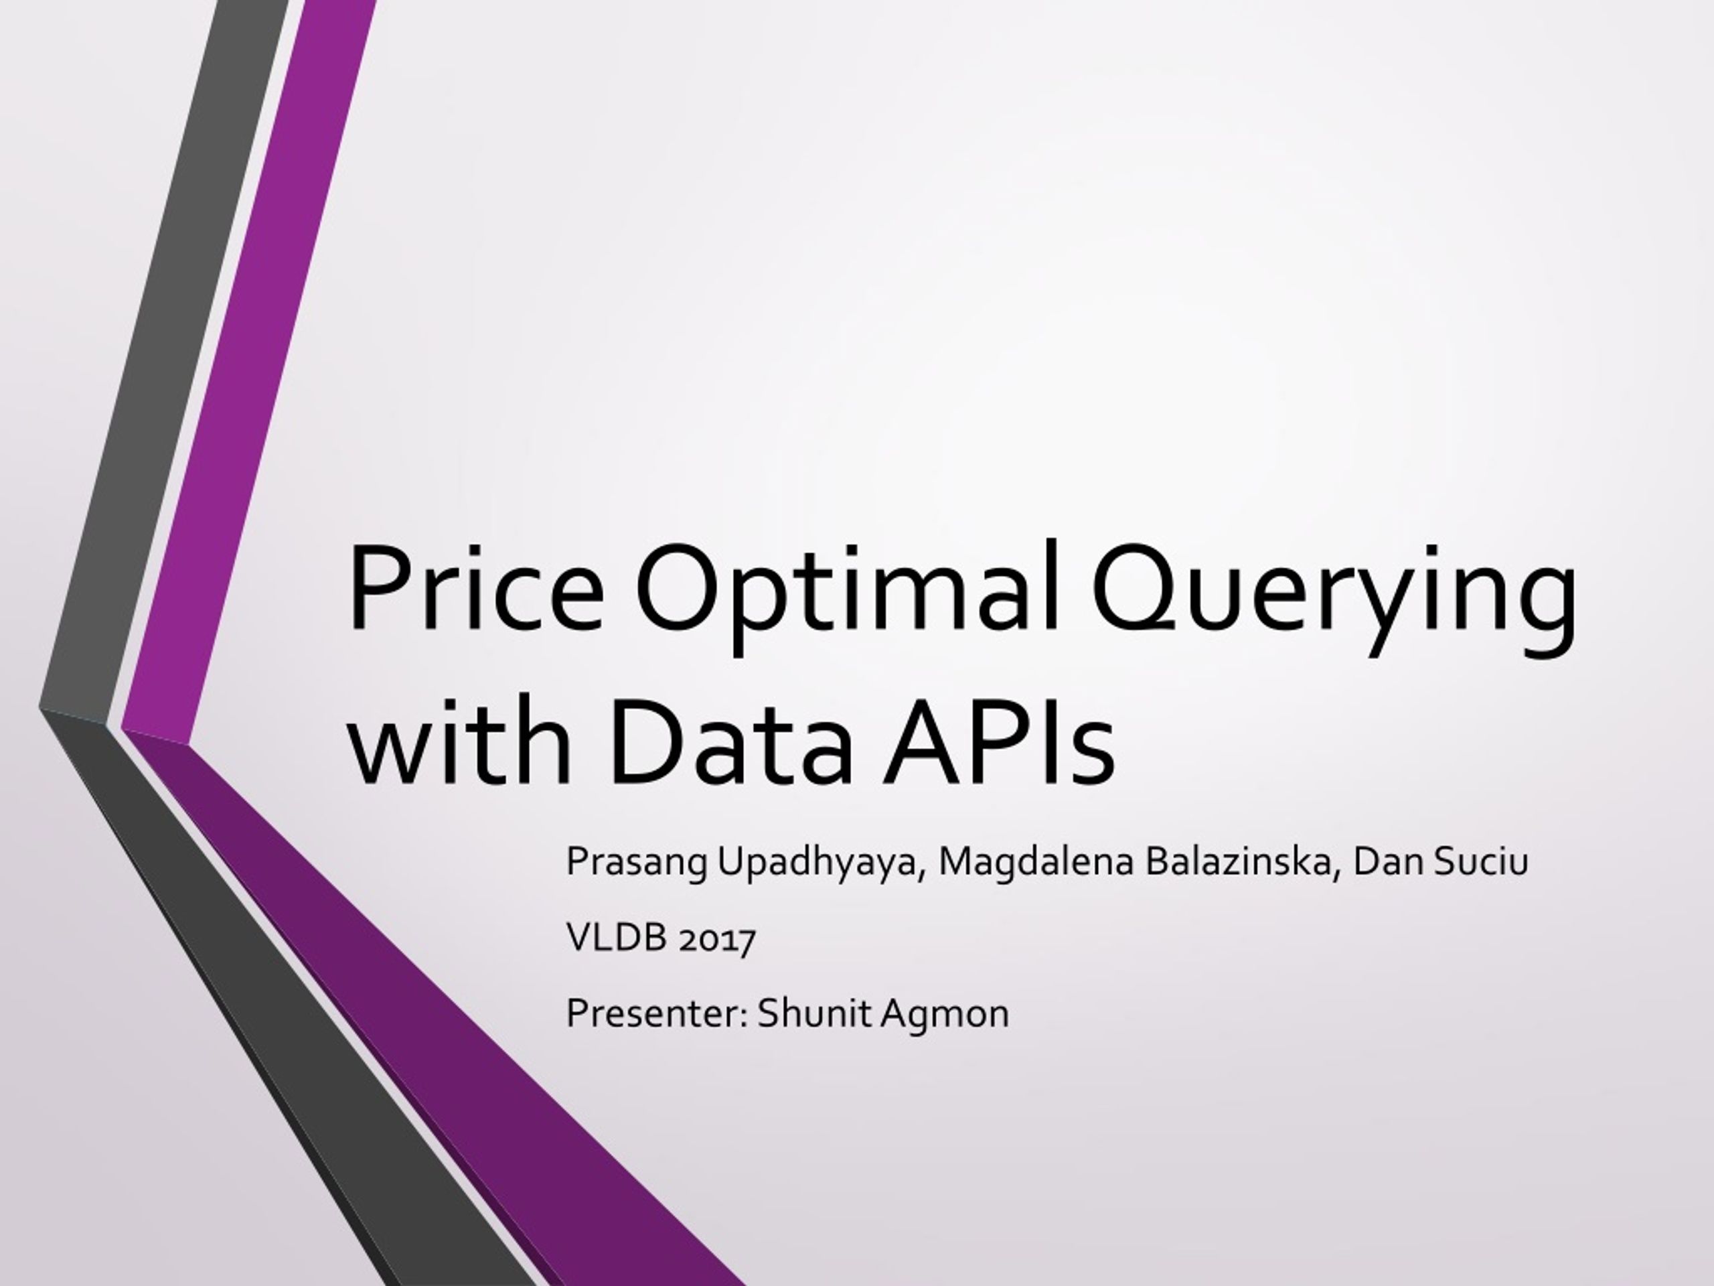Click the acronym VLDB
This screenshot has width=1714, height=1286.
pos(617,938)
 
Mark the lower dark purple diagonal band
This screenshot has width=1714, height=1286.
pos(434,1008)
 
